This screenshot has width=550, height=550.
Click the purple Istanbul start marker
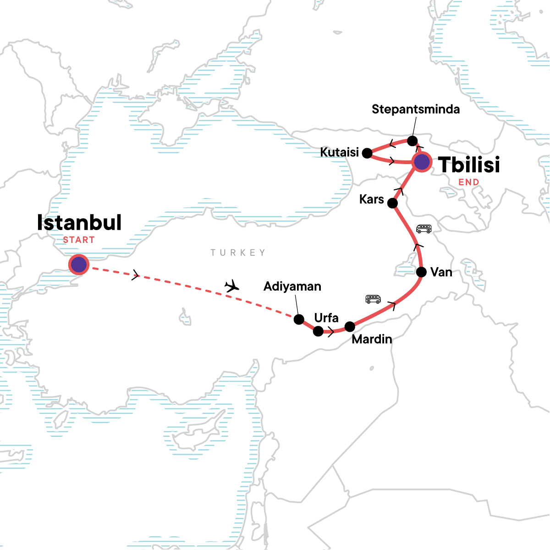[78, 264]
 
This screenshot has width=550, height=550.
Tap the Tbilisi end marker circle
[422, 162]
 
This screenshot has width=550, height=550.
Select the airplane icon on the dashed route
[232, 286]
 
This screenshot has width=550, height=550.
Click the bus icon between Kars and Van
[423, 229]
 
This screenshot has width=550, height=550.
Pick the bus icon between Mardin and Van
[373, 299]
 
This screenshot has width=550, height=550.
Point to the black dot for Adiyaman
[299, 319]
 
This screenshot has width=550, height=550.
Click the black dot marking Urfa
[318, 331]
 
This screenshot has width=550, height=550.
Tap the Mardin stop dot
[350, 327]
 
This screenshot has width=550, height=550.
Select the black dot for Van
[422, 272]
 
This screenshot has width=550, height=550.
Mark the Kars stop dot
[393, 203]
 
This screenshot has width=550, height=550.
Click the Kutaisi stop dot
[367, 153]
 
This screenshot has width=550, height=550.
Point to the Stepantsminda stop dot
[412, 140]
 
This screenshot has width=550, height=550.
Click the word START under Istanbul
[79, 240]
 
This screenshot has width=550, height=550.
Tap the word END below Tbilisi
[469, 182]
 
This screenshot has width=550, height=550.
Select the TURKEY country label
[238, 253]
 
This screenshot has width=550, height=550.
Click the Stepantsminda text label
[416, 110]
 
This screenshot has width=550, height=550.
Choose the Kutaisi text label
[339, 152]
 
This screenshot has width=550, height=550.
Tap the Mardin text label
[372, 339]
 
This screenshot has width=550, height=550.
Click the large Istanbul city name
[79, 223]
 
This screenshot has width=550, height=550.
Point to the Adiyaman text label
[292, 286]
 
